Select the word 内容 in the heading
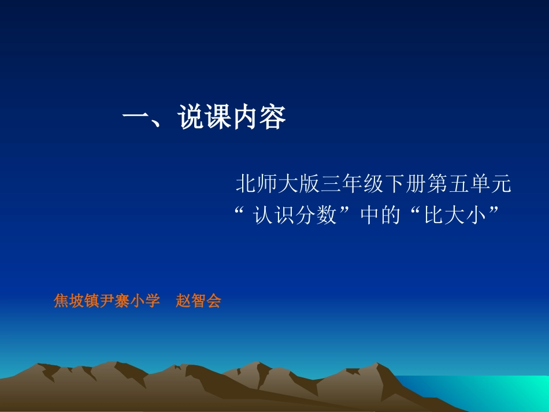coord(259,118)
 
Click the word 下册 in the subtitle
coord(403,185)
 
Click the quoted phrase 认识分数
coord(295,216)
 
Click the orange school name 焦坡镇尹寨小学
coord(106,301)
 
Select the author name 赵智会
coord(198,301)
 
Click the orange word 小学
coord(144,301)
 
